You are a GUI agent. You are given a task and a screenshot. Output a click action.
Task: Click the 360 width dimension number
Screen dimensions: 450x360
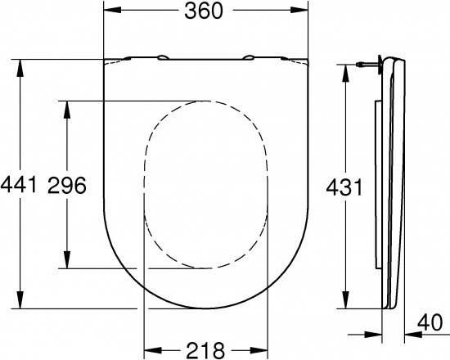204,11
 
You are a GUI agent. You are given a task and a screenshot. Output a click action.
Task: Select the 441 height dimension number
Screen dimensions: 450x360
19,185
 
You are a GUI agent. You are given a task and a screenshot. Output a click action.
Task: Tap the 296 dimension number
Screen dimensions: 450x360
67,185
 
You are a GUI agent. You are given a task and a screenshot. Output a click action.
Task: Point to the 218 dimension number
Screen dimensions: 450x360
205,350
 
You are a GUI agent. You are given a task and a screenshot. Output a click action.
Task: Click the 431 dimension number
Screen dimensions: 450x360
344,187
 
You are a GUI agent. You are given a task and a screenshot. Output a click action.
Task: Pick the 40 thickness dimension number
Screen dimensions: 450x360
430,322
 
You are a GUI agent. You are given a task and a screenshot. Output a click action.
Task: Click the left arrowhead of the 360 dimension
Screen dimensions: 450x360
113,10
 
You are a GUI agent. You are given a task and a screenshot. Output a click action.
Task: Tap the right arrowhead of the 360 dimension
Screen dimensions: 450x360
299,10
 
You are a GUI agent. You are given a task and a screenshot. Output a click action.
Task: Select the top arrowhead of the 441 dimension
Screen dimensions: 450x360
20,69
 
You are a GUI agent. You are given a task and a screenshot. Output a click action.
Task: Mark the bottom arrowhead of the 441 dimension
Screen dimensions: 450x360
20,299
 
